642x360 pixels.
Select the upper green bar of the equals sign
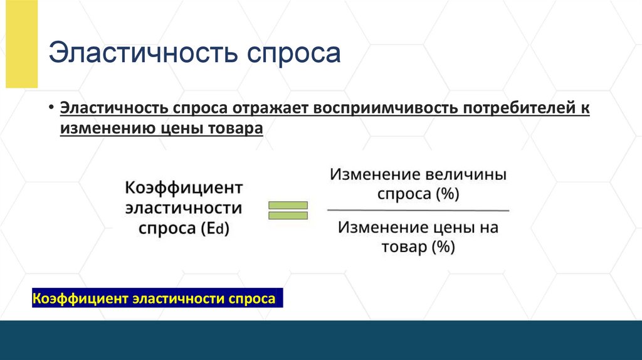tap(288, 205)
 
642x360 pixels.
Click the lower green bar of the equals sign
tap(288, 216)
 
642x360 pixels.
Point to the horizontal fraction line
tap(418, 210)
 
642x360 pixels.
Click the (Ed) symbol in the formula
tap(216, 229)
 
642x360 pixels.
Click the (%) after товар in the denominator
tap(441, 247)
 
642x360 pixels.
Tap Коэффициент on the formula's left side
tap(184, 188)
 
